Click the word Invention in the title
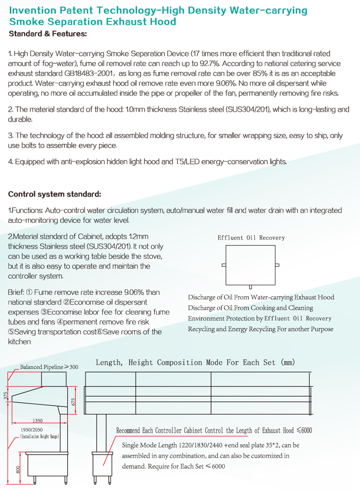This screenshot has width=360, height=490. pyautogui.click(x=32, y=10)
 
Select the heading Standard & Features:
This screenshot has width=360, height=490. pyautogui.click(x=48, y=34)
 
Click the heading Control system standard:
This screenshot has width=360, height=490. pyautogui.click(x=55, y=194)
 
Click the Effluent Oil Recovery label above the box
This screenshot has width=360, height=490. pyautogui.click(x=251, y=238)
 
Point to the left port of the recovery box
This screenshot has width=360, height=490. pyautogui.click(x=223, y=265)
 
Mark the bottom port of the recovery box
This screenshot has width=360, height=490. pyautogui.click(x=251, y=287)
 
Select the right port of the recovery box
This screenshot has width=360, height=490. pyautogui.click(x=277, y=265)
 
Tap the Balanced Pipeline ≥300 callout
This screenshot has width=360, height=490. pyautogui.click(x=49, y=367)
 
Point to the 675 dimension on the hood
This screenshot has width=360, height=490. pyautogui.click(x=73, y=402)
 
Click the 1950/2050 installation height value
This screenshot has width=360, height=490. pyautogui.click(x=31, y=429)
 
